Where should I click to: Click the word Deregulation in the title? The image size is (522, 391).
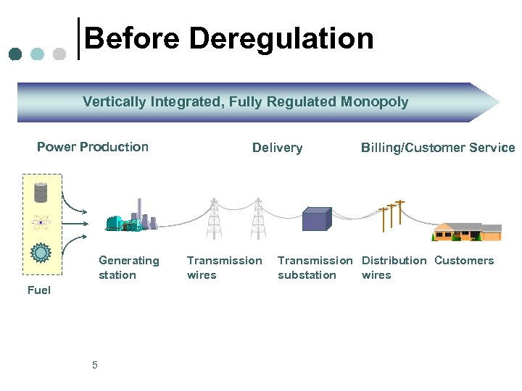[x=281, y=38]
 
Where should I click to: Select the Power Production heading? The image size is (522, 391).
[x=93, y=147]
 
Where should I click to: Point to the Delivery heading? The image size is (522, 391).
[x=277, y=148]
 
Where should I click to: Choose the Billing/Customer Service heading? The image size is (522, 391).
[x=438, y=148]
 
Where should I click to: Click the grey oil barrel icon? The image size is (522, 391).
[x=41, y=192]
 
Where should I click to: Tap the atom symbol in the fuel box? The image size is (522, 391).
[x=41, y=222]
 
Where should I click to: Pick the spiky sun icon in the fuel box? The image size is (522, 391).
[x=41, y=252]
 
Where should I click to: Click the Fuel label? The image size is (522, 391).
[x=39, y=290]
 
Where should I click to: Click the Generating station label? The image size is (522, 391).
[x=128, y=267]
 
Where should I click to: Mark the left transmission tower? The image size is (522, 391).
[x=214, y=218]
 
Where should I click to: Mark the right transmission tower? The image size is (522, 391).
[x=258, y=218]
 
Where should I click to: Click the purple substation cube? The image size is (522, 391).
[x=316, y=219]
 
